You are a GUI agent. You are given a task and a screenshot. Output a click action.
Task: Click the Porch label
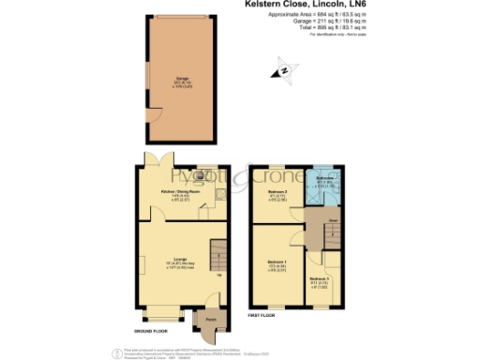tap(208, 318)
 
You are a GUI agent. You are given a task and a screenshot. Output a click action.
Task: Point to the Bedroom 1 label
tap(277, 262)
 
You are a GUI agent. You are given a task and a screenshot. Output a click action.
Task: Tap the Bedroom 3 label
tap(321, 279)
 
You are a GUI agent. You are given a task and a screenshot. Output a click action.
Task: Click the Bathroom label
tap(324, 178)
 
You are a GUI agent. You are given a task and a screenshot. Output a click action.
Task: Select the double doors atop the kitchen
tap(155, 157)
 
